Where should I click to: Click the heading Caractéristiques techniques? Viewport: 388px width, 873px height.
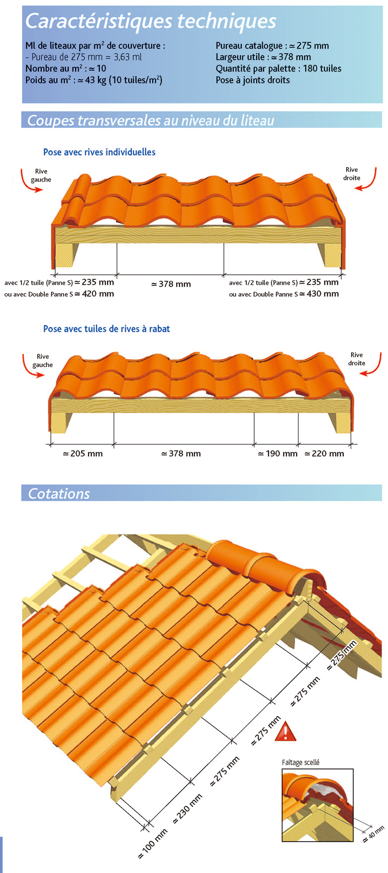pyautogui.click(x=151, y=21)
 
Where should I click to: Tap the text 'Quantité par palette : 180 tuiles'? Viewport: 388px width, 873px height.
pyautogui.click(x=279, y=69)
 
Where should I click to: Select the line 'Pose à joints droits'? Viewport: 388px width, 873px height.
pyautogui.click(x=253, y=80)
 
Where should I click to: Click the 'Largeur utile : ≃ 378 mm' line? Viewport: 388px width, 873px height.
pyautogui.click(x=263, y=57)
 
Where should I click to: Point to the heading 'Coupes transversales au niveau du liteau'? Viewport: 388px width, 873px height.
pyautogui.click(x=151, y=120)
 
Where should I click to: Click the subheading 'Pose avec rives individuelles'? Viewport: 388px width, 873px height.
pyautogui.click(x=99, y=152)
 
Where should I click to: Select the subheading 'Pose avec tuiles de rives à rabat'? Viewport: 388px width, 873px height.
pyautogui.click(x=106, y=329)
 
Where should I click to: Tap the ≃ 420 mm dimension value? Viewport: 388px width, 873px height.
pyautogui.click(x=95, y=294)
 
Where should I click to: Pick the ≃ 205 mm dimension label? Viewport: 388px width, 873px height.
pyautogui.click(x=83, y=454)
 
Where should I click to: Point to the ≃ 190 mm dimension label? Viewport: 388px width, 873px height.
pyautogui.click(x=278, y=454)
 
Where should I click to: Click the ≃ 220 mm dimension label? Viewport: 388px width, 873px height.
pyautogui.click(x=324, y=454)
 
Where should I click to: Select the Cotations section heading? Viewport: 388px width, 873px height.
pyautogui.click(x=59, y=493)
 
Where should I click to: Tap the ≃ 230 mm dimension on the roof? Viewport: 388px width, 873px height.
pyautogui.click(x=188, y=809)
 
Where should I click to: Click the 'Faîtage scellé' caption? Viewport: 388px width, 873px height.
pyautogui.click(x=300, y=762)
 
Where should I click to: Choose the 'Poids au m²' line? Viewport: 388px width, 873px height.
pyautogui.click(x=94, y=80)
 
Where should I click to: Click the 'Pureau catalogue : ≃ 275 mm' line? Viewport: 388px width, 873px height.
pyautogui.click(x=272, y=46)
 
